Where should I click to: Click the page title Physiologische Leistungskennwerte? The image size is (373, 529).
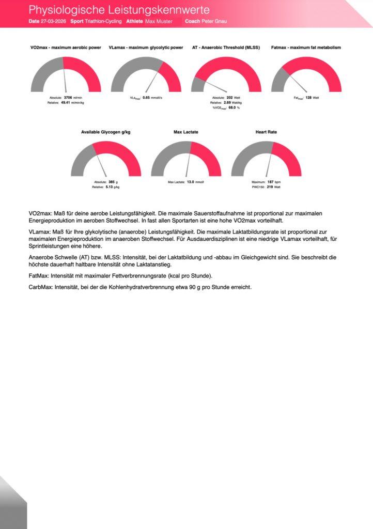(x=119, y=10)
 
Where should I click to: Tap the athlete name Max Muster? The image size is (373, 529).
(x=159, y=22)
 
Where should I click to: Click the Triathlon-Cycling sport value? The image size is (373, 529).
(x=103, y=22)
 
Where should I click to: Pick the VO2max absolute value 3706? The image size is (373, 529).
(x=68, y=97)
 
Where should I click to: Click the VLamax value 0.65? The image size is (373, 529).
(x=146, y=97)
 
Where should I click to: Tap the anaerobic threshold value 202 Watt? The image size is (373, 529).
(x=230, y=97)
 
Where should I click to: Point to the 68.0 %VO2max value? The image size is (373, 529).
(x=232, y=107)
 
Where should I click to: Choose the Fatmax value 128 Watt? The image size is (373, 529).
(x=308, y=97)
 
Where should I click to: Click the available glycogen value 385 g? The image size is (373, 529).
(x=111, y=182)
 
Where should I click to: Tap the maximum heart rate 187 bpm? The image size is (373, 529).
(x=270, y=182)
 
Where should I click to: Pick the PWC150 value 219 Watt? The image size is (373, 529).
(x=270, y=187)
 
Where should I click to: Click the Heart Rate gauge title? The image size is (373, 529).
(x=266, y=132)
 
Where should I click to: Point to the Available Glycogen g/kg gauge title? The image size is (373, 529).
(x=106, y=132)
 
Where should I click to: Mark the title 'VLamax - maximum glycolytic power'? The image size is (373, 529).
(x=146, y=48)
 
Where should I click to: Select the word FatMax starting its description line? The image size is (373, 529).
(x=38, y=275)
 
